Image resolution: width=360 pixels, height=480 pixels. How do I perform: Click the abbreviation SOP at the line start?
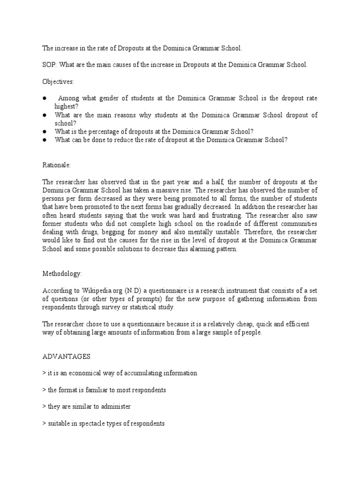[x=48, y=65]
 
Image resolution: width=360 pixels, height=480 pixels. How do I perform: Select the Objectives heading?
[x=58, y=82]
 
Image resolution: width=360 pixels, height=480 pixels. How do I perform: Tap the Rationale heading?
[x=56, y=165]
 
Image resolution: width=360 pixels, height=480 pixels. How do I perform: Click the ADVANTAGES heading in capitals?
[x=66, y=356]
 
